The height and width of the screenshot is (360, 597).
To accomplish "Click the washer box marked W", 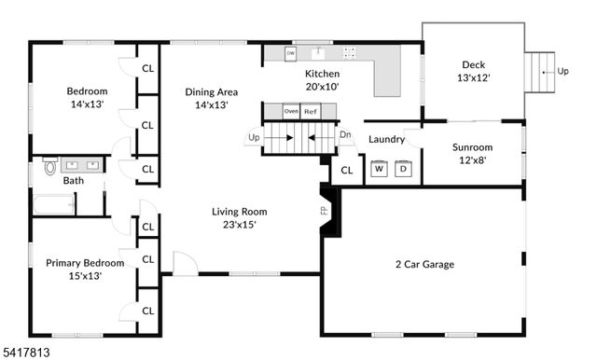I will click(379, 169).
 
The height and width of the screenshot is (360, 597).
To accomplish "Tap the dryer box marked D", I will click(403, 169).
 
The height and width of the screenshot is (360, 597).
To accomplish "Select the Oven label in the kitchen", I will click(291, 111).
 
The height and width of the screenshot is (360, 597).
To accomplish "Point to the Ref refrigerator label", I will click(311, 111).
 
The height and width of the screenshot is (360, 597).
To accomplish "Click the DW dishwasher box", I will click(291, 53).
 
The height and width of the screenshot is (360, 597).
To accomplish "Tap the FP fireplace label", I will click(324, 211).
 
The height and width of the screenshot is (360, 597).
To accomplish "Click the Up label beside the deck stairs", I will click(562, 71).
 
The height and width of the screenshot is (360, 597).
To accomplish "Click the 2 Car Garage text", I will click(424, 265).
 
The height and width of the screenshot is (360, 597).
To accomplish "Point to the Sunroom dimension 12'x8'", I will click(472, 159).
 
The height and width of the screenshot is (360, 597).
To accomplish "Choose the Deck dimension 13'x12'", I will click(473, 77).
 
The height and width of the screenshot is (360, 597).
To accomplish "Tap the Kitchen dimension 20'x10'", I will click(323, 86).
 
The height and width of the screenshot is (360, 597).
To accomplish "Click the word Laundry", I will click(386, 140).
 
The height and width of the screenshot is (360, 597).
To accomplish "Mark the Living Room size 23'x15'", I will click(233, 224).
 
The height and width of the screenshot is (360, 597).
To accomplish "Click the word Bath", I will click(74, 181).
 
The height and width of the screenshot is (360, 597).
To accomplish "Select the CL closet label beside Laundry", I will click(346, 170).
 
